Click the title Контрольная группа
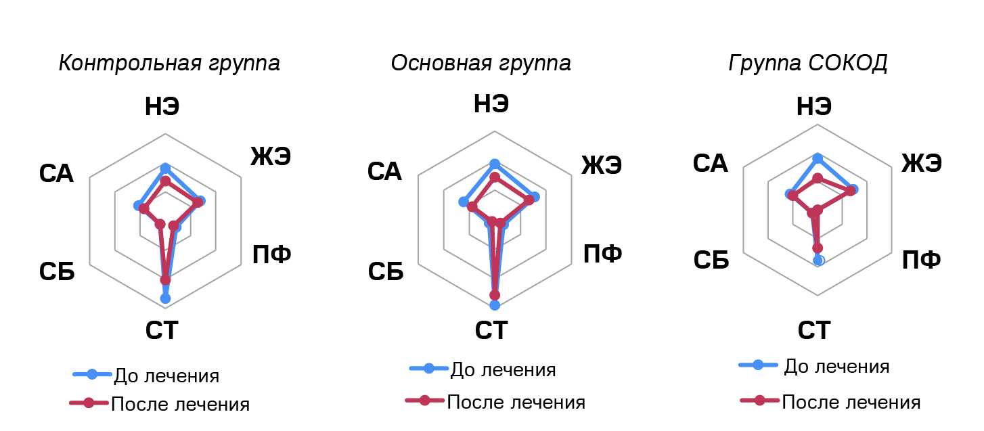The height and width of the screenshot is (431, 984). click(169, 64)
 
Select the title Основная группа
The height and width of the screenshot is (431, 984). click(480, 63)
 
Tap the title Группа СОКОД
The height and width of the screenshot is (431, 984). click(807, 63)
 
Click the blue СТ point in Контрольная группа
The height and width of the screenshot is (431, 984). click(165, 298)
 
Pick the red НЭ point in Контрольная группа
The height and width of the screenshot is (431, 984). click(165, 181)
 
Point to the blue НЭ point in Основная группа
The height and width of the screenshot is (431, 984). click(495, 164)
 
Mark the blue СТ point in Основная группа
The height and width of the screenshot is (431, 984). click(495, 304)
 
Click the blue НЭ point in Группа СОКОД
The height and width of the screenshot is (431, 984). click(818, 158)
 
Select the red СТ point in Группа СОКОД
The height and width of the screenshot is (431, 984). click(818, 248)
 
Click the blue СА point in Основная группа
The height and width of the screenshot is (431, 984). click(464, 202)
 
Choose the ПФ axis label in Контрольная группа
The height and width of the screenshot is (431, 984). click(271, 254)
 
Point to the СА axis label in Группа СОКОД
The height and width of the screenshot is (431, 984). click(710, 163)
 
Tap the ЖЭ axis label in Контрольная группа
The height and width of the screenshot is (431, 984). click(271, 156)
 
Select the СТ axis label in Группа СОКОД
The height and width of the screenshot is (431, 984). click(814, 330)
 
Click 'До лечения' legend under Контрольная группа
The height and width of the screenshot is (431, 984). click(166, 375)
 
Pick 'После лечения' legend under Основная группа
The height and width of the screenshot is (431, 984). click(516, 401)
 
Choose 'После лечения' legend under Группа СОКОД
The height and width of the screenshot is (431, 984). click(851, 402)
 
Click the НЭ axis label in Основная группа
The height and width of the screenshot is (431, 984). click(491, 104)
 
